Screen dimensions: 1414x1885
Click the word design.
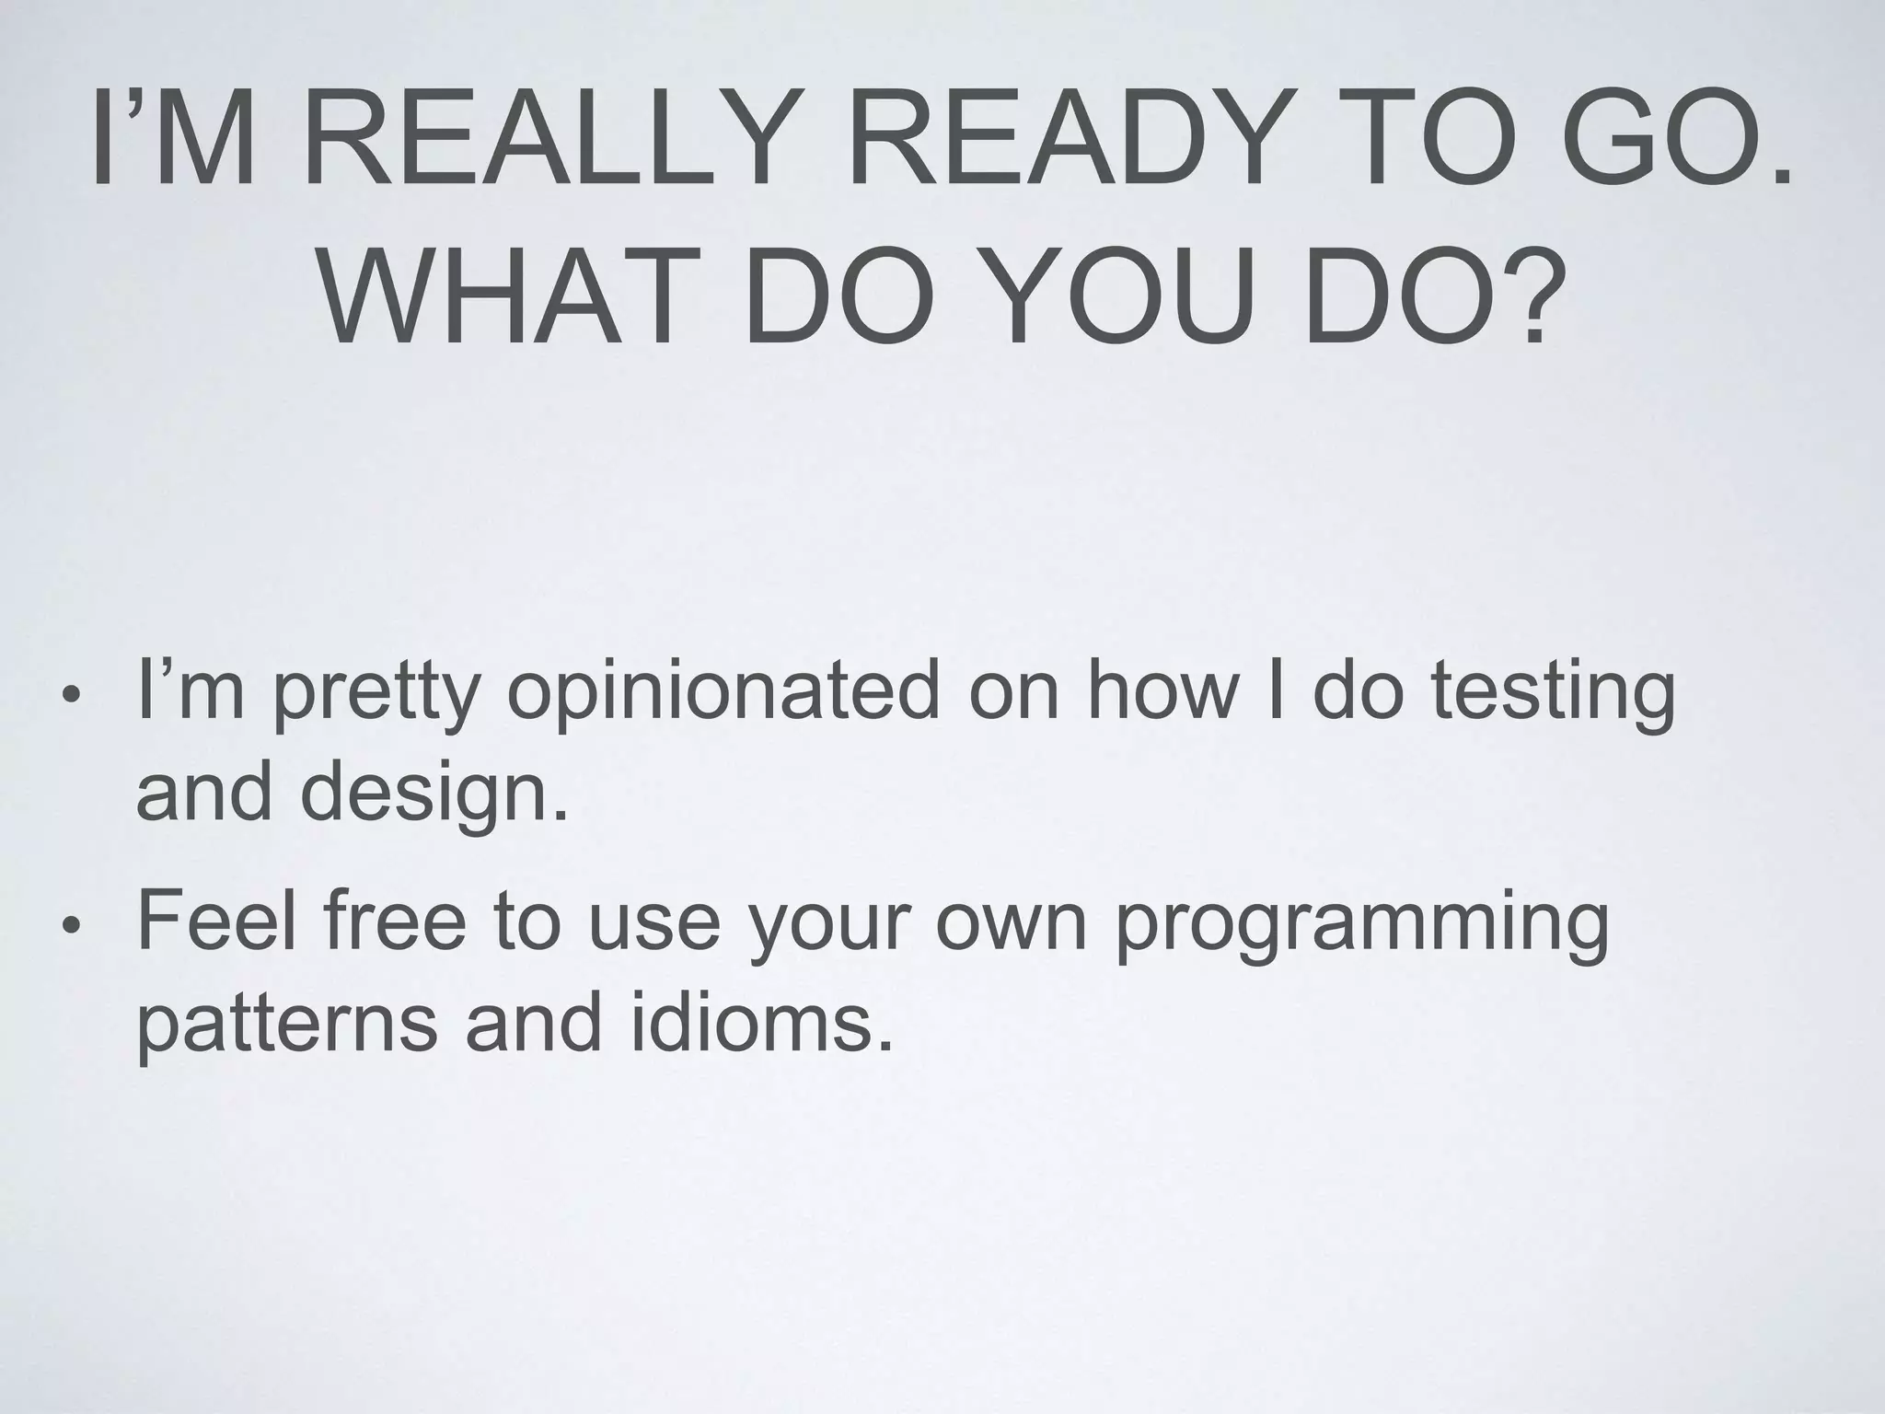click(x=434, y=794)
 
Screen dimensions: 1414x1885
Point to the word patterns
click(x=286, y=1024)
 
